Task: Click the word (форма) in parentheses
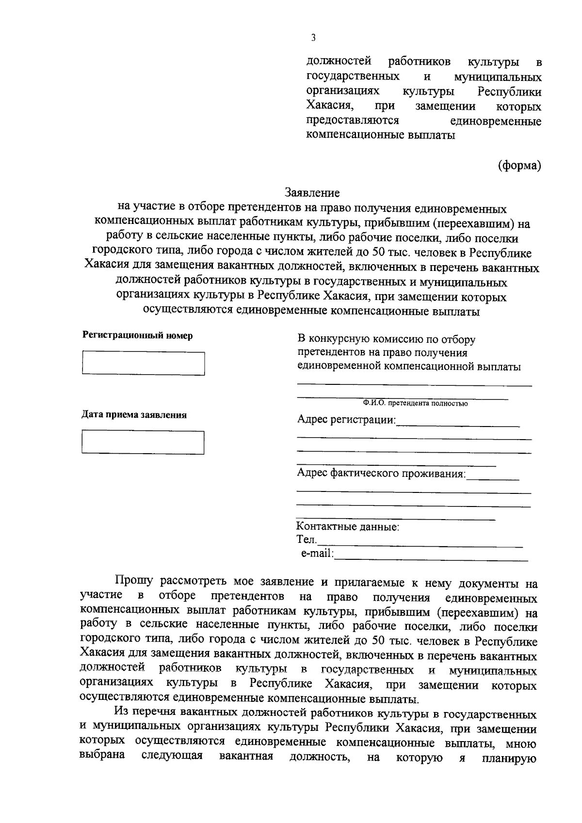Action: click(519, 165)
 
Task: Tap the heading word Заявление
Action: click(312, 193)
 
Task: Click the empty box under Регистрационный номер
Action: click(143, 363)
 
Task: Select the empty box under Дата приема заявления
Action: click(143, 442)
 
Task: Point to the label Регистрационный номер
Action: click(137, 335)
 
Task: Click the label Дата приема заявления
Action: click(134, 415)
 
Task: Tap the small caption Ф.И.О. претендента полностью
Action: click(414, 403)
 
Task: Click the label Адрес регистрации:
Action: click(346, 419)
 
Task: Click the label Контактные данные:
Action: click(348, 526)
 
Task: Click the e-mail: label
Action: click(317, 553)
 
